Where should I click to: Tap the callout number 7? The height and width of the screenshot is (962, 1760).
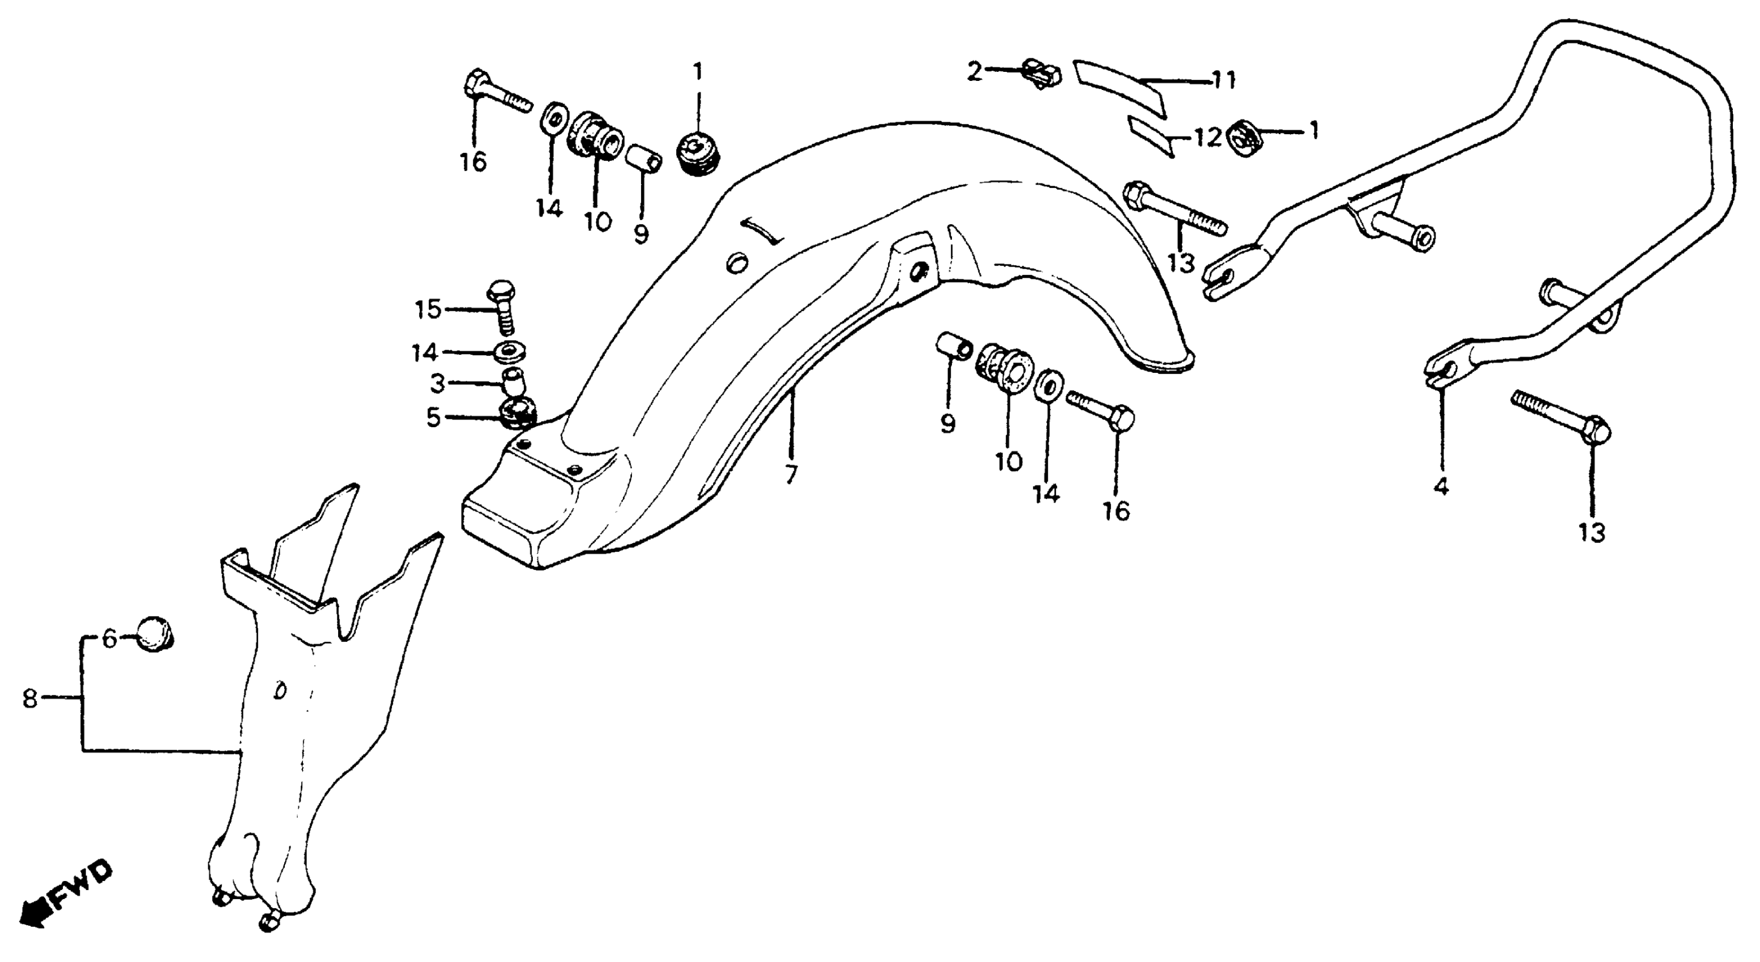pyautogui.click(x=791, y=474)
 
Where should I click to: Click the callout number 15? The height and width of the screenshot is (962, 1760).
pyautogui.click(x=428, y=310)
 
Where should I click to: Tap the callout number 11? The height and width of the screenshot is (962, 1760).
pyautogui.click(x=1224, y=80)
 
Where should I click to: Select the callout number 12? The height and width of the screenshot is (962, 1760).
pyautogui.click(x=1207, y=138)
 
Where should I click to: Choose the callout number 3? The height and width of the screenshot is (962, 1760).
pyautogui.click(x=437, y=383)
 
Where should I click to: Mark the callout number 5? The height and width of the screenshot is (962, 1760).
pyautogui.click(x=433, y=417)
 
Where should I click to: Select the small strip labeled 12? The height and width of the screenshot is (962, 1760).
pyautogui.click(x=1151, y=136)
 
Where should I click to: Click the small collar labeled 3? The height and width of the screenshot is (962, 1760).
pyautogui.click(x=514, y=383)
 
